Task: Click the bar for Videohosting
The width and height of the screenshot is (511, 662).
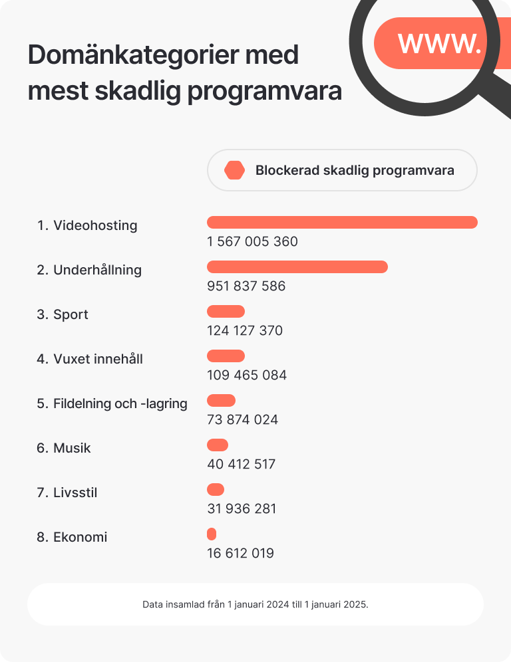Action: [x=342, y=223]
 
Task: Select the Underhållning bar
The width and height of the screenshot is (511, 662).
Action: [x=297, y=267]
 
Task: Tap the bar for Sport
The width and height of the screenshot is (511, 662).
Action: [x=226, y=312]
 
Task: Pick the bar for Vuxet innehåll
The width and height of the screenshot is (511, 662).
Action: [x=226, y=356]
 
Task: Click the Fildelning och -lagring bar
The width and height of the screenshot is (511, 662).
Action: [x=222, y=401]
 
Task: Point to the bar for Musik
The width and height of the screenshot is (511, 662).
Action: [x=218, y=445]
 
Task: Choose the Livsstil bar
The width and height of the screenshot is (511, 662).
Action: [x=216, y=490]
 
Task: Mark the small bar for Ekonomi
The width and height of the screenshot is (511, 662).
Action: [x=212, y=534]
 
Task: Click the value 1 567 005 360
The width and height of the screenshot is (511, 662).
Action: [x=252, y=241]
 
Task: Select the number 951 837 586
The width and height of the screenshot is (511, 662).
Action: [x=246, y=286]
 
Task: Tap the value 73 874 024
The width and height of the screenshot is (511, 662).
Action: [x=242, y=420]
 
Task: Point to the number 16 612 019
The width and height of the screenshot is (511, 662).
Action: [x=240, y=554]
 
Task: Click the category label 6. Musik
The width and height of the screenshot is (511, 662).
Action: [x=64, y=448]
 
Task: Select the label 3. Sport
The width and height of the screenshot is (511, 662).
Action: [x=63, y=314]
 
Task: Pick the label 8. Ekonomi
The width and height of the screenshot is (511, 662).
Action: [x=72, y=537]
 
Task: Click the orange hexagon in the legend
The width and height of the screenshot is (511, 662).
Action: [x=234, y=171]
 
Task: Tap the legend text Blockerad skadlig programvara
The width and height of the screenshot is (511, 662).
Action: [x=355, y=171]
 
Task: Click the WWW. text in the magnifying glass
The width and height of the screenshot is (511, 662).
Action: [x=439, y=43]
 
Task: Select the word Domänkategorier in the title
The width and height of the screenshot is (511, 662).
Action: [x=163, y=55]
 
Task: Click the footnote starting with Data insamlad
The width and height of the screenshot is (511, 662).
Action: [x=255, y=605]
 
